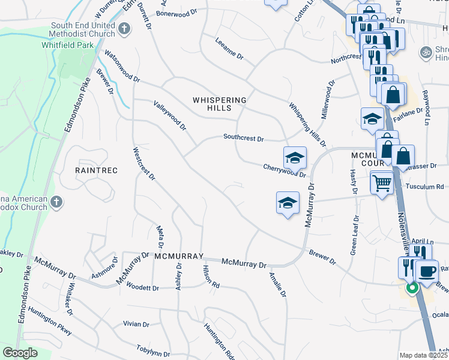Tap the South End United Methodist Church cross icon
tap(124, 28)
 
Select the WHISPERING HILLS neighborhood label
tap(220, 104)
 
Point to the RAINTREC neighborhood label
tap(96, 170)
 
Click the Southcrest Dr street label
tap(243, 138)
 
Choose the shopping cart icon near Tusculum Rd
tap(382, 182)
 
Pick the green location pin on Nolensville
tap(412, 288)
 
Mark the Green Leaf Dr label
tap(356, 233)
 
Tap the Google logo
tap(20, 353)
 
